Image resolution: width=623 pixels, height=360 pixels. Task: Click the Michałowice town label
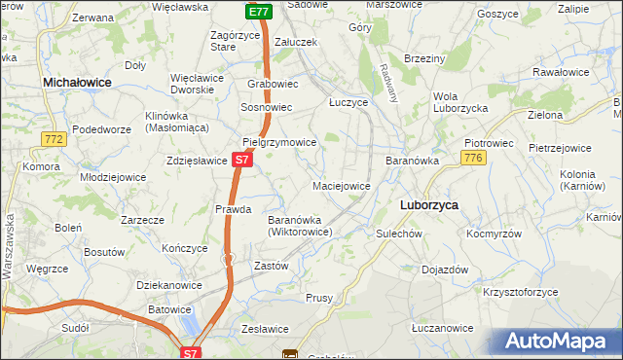click(x=78, y=84)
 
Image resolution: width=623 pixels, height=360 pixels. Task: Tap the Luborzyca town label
click(x=430, y=205)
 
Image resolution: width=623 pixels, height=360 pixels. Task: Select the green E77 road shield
click(x=257, y=12)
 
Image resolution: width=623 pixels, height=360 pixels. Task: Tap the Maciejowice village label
click(x=341, y=185)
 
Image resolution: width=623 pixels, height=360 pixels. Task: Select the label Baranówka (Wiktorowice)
click(x=301, y=226)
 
